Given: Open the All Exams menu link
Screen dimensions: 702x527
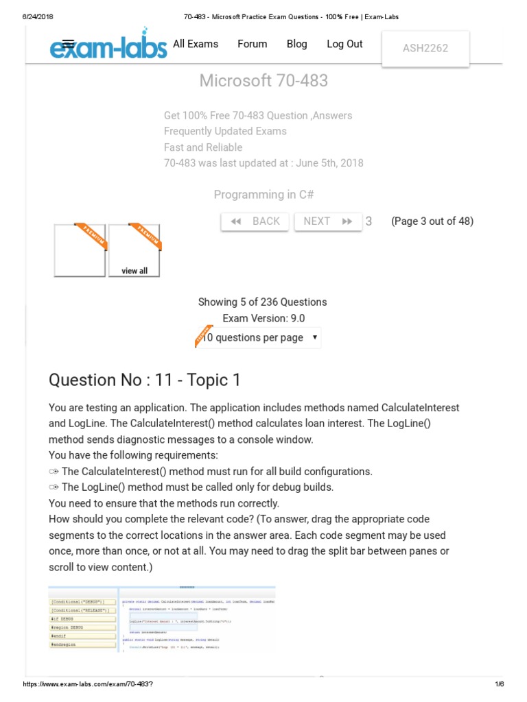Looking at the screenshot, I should (x=196, y=44).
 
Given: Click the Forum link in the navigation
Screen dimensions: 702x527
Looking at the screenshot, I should (x=253, y=44).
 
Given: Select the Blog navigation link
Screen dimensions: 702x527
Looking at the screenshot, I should (x=297, y=44).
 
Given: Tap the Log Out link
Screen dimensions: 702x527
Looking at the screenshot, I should (x=344, y=44).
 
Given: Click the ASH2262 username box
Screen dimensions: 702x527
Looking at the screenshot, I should (x=425, y=48).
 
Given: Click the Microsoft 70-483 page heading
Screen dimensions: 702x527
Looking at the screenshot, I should (x=263, y=81).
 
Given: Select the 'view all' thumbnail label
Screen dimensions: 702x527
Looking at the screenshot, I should (x=134, y=271).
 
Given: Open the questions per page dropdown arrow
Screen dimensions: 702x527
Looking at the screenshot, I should (x=314, y=337).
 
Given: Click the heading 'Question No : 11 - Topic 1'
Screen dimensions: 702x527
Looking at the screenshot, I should (x=145, y=380).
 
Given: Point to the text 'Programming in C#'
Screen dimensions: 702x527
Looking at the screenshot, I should (x=263, y=195).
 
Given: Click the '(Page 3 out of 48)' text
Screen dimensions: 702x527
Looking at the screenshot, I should (x=432, y=221).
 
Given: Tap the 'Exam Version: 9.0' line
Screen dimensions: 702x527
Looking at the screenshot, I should (x=263, y=318).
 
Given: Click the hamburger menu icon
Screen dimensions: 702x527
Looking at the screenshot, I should (x=68, y=43).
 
